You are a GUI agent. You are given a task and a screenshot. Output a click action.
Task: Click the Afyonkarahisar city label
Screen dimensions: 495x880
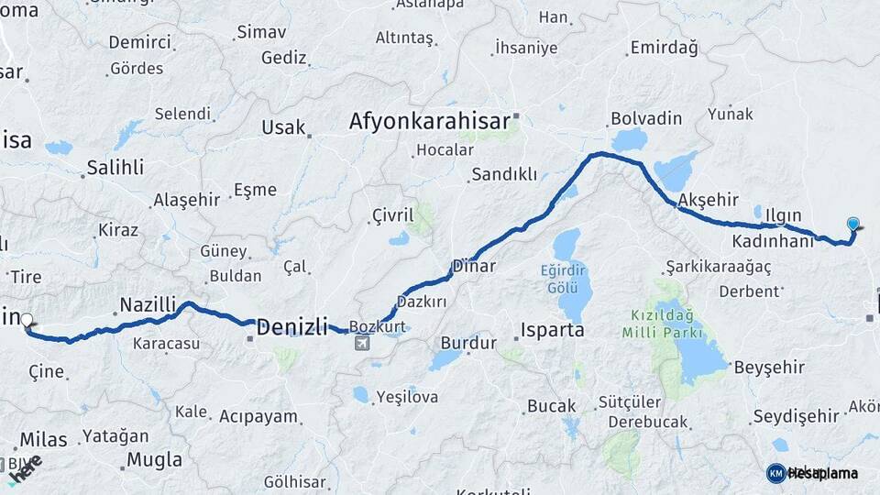coord(430,121)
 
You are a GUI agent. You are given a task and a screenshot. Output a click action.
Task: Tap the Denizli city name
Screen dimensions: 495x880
coord(291,325)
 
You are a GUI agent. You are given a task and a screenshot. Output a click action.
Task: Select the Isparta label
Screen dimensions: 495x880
coord(552,330)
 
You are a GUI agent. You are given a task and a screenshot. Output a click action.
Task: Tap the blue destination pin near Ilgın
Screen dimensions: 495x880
coord(853,224)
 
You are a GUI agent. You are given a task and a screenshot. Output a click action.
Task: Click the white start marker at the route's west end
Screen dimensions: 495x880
coord(27,321)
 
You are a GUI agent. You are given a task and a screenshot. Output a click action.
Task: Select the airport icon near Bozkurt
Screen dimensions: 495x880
coord(363,343)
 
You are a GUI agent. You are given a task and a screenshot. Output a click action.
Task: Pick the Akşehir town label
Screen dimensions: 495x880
coord(707,199)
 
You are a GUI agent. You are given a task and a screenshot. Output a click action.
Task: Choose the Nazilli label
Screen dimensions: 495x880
coord(148,304)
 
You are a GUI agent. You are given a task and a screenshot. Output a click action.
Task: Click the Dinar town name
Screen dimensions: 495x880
coord(474,267)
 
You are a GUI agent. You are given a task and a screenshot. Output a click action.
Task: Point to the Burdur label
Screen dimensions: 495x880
coord(468,343)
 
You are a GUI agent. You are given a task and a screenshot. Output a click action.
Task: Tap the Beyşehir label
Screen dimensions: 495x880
coord(769,368)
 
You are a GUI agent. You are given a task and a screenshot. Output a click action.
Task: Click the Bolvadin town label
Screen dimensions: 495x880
coord(646,118)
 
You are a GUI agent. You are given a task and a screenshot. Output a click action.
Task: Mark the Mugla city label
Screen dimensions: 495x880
coord(155,459)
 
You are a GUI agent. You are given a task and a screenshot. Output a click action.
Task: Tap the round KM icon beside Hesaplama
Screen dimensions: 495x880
coord(775,473)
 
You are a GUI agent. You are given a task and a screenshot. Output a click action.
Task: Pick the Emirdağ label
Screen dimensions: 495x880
coord(664,48)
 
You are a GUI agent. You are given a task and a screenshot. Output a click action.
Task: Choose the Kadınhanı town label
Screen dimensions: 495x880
coord(774,242)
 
